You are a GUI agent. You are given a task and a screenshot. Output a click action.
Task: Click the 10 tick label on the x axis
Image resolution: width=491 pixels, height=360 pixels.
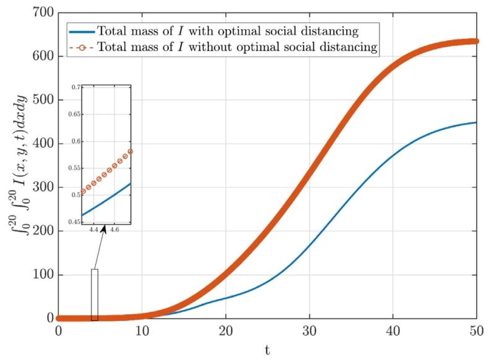tap(142, 331)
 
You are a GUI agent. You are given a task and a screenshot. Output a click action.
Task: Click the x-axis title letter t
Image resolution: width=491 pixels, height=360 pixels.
tap(267, 350)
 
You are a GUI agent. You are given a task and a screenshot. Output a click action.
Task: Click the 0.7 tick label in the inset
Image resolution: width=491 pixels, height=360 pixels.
tap(75, 88)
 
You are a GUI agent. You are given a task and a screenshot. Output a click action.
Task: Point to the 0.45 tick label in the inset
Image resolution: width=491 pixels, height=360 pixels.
tap(74, 221)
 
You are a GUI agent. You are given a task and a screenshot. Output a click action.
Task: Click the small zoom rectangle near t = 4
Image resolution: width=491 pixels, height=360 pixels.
tap(95, 294)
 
